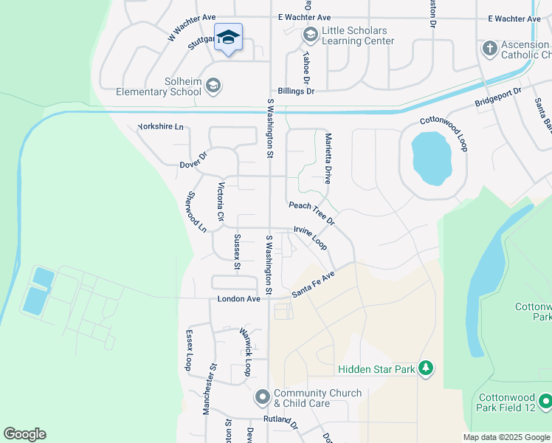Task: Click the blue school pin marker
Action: [228, 38]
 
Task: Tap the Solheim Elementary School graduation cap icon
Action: [213, 86]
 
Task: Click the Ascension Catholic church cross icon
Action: [488, 49]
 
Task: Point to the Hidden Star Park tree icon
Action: [425, 368]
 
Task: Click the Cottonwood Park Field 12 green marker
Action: [545, 401]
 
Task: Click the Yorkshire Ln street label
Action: [160, 127]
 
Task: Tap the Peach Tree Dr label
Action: [311, 213]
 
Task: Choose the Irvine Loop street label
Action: [310, 236]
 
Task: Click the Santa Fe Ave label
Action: [313, 284]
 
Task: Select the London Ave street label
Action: [238, 299]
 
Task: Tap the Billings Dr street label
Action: [296, 91]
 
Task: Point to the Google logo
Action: [24, 434]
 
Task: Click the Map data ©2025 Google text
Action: [506, 437]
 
